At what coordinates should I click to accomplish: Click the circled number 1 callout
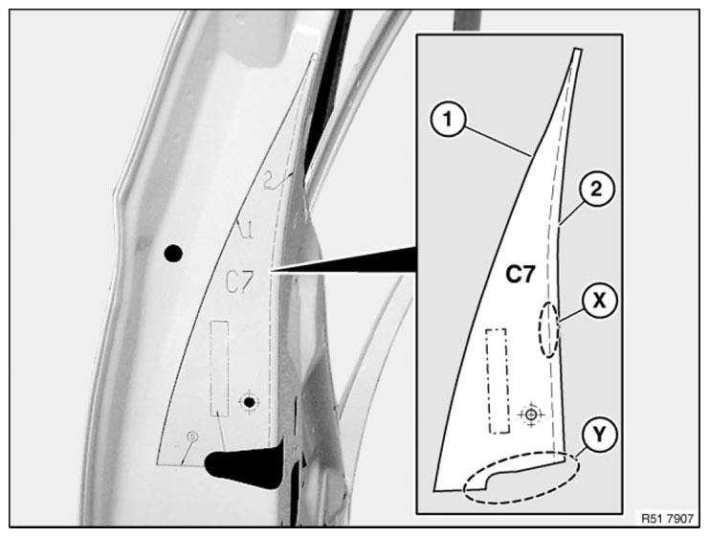(448, 120)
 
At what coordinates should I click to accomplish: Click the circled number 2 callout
(596, 189)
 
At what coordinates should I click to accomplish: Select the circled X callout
(599, 300)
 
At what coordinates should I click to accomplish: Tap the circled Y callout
(600, 435)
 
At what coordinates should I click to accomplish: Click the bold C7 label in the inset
(520, 274)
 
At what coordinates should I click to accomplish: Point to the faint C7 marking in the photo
(239, 282)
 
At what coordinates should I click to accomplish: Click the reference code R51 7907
(667, 519)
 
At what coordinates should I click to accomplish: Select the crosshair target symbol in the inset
(532, 414)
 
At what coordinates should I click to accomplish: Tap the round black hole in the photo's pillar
(173, 254)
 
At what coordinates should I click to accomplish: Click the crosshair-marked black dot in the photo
(249, 402)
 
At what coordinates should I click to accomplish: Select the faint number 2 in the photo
(269, 182)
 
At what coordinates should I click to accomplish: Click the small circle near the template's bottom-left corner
(192, 436)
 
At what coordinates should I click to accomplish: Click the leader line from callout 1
(498, 142)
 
